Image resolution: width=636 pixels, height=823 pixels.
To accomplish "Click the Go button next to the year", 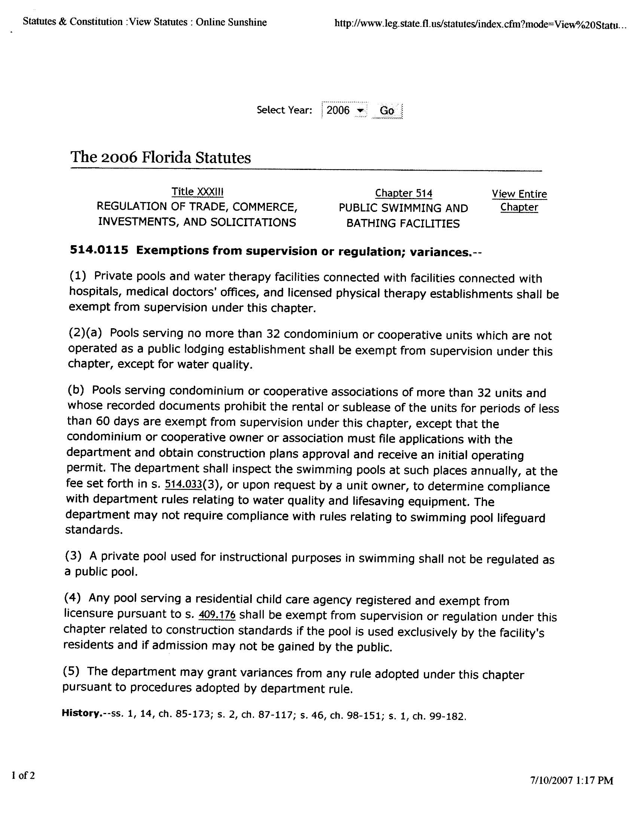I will pyautogui.click(x=387, y=111).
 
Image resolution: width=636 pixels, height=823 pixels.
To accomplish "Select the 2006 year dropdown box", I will pyautogui.click(x=344, y=110).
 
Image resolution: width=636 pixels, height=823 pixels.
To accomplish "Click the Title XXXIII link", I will pyautogui.click(x=198, y=192).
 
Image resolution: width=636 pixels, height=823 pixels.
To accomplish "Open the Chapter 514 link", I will pyautogui.click(x=404, y=193).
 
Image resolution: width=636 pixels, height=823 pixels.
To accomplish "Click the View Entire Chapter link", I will pyautogui.click(x=519, y=201).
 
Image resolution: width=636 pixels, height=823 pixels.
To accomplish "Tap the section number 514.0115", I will pyautogui.click(x=99, y=250).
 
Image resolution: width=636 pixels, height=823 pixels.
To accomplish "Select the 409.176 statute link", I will pyautogui.click(x=217, y=615).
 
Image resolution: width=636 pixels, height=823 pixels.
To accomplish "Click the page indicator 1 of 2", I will pyautogui.click(x=23, y=775).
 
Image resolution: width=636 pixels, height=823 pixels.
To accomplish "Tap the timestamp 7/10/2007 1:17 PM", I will pyautogui.click(x=572, y=780).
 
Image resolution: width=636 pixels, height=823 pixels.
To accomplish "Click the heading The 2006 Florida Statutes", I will pyautogui.click(x=160, y=158).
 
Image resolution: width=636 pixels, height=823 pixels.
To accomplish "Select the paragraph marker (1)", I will pyautogui.click(x=77, y=275).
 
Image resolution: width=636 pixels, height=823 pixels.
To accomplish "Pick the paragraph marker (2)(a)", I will pyautogui.click(x=85, y=333).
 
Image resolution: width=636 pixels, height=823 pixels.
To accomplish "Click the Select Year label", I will pyautogui.click(x=284, y=110).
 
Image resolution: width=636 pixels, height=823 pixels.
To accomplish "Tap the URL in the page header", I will pyautogui.click(x=480, y=25).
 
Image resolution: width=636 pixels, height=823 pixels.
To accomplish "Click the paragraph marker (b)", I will pyautogui.click(x=76, y=390).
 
